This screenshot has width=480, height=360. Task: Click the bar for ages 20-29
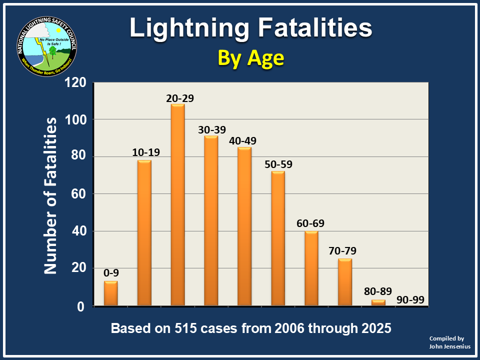177,205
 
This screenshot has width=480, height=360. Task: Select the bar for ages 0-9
111,293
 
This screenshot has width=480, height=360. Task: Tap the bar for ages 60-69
311,268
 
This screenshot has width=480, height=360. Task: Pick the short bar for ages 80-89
378,302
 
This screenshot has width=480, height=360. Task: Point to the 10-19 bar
144,233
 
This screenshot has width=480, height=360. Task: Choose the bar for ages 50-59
277,238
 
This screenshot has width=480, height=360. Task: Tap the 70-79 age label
344,251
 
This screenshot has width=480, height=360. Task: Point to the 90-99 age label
411,300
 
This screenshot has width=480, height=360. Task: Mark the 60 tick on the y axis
80,194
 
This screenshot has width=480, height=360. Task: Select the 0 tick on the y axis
83,306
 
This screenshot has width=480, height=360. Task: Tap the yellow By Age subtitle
250,58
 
